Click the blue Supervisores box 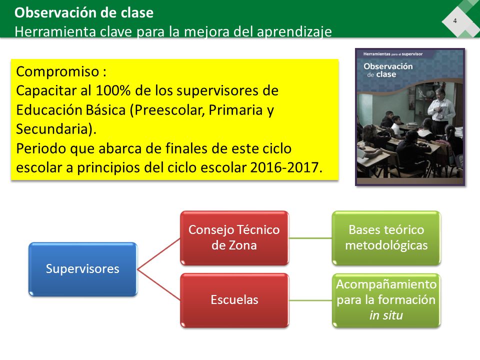[82, 269]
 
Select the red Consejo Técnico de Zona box [234, 238]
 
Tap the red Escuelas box [234, 300]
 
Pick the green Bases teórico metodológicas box [386, 238]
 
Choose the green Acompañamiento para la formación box [386, 300]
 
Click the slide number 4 [455, 21]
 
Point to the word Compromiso [57, 72]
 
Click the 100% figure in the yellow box [113, 90]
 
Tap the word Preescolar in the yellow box [167, 110]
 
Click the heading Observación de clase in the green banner [84, 12]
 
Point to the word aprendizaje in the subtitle [294, 32]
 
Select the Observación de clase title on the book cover [388, 70]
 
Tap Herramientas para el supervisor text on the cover [393, 54]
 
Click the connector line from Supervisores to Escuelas [159, 284]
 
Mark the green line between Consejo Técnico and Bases [310, 238]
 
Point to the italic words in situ [386, 315]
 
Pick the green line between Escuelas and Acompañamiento [310, 300]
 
